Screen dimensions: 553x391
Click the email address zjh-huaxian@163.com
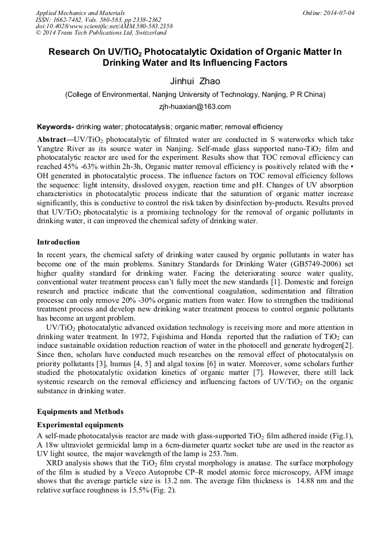click(195, 107)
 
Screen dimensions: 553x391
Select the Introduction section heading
click(58, 242)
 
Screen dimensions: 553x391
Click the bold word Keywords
click(55, 126)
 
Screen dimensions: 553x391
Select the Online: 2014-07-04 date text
click(328, 12)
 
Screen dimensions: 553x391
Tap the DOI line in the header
click(104, 27)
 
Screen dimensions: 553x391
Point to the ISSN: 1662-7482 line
click(64, 20)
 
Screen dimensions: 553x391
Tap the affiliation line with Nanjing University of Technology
click(195, 95)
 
